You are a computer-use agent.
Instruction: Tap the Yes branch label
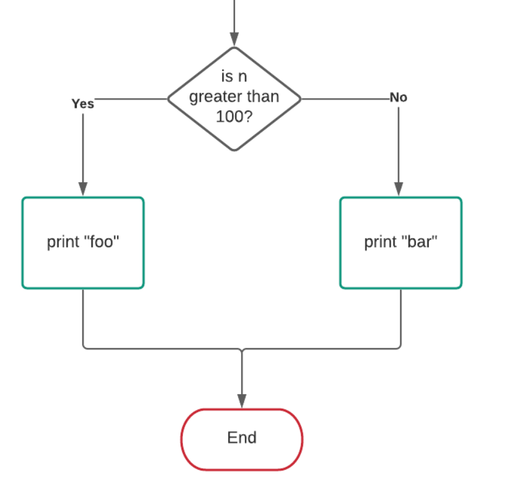(83, 104)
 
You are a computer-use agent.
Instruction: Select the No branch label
(398, 97)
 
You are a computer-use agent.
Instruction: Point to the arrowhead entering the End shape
(242, 401)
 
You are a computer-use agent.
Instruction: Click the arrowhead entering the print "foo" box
(83, 189)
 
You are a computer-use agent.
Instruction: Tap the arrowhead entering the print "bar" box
(398, 189)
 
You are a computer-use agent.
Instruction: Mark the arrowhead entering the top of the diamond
(234, 39)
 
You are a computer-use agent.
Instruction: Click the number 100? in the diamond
(234, 116)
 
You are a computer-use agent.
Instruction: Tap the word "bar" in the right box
(422, 242)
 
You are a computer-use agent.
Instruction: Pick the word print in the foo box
(64, 242)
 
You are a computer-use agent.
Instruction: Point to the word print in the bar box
(381, 242)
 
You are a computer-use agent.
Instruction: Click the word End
(242, 438)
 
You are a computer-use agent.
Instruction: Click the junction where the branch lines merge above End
(242, 349)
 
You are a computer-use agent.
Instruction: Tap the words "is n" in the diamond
(234, 78)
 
